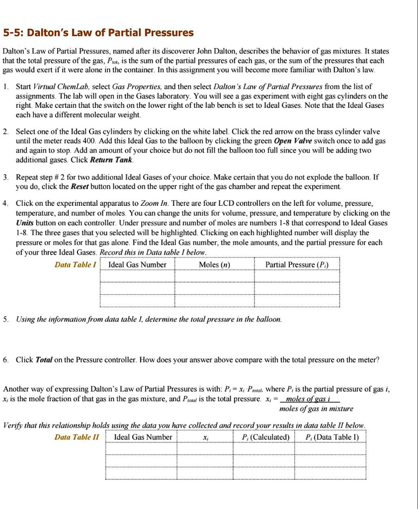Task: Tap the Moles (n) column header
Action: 214,264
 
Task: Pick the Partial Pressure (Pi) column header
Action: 296,264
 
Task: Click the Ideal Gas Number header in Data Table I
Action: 137,264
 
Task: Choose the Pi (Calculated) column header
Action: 265,437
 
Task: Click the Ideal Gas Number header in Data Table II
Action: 143,437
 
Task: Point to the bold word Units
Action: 25,222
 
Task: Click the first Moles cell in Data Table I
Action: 214,276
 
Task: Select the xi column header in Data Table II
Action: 205,437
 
